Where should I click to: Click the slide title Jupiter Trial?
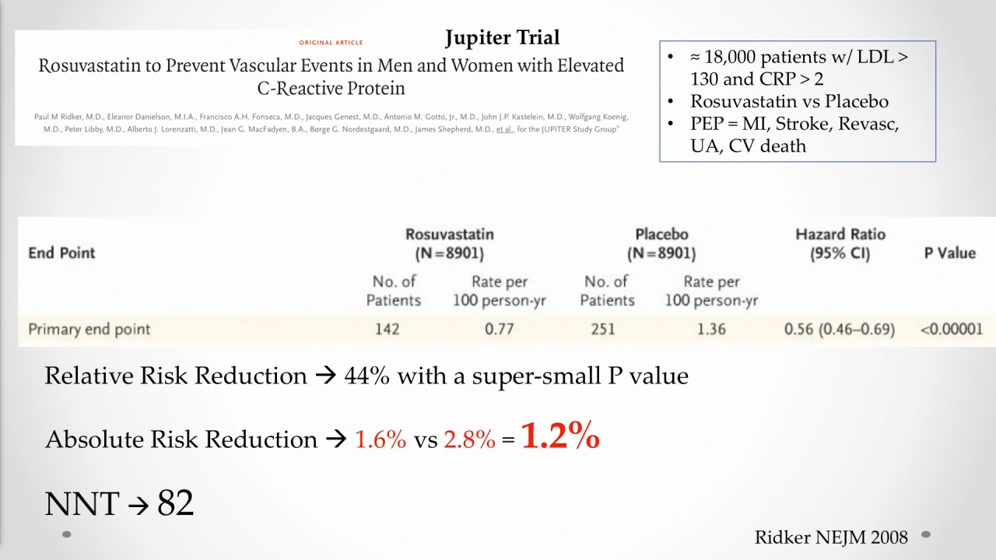503,38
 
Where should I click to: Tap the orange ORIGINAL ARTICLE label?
331,43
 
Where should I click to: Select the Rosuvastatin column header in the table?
450,234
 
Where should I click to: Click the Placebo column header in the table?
661,234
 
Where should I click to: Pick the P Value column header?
950,253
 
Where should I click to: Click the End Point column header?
61,253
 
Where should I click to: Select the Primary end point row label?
89,329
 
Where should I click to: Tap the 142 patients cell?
388,329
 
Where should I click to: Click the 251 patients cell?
603,329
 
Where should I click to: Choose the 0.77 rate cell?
500,329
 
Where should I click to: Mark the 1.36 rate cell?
711,329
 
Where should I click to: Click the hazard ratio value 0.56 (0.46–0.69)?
840,329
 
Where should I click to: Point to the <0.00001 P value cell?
952,329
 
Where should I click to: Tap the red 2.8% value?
469,439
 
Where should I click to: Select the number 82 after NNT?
176,503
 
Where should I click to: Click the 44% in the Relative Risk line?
366,376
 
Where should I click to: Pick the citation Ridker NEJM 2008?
831,537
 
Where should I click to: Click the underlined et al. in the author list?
504,129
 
